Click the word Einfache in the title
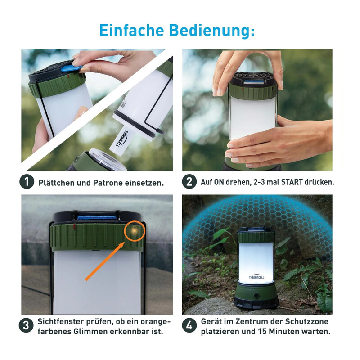coord(131,30)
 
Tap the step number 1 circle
coord(27,182)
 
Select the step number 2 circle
coord(189,182)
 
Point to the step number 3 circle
coord(26,325)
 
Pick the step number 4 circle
coord(189,325)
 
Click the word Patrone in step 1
coord(108,183)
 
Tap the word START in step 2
coord(292,182)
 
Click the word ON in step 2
coord(219,182)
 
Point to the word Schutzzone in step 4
coord(307,321)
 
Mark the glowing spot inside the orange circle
coord(134,230)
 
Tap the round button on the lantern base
coord(256,296)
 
